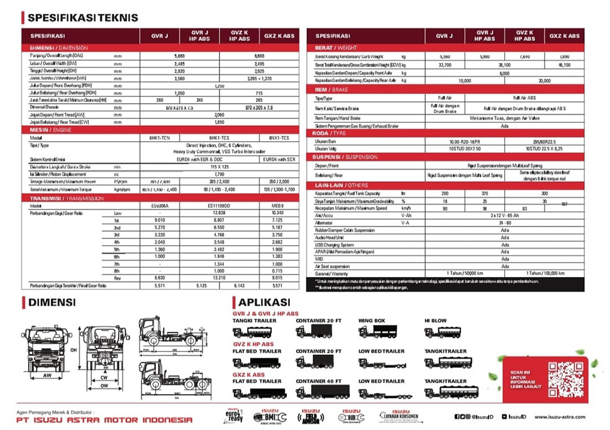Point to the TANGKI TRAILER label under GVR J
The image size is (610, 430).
(x=254, y=320)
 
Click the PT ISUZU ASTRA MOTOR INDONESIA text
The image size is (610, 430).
(x=105, y=420)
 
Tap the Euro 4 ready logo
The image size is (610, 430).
(x=234, y=417)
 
